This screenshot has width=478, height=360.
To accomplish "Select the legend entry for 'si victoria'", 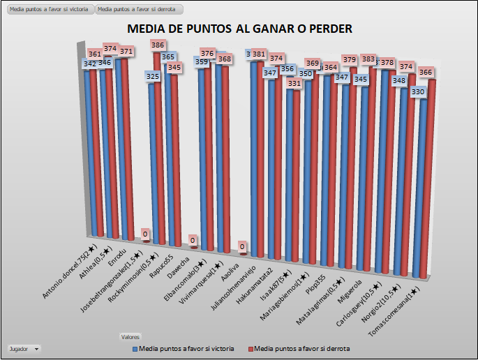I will pyautogui.click(x=183, y=347).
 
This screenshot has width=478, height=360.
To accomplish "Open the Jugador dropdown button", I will pyautogui.click(x=24, y=347).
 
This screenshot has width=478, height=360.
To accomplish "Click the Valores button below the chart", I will pyautogui.click(x=129, y=336).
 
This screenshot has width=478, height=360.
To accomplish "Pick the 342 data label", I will pyautogui.click(x=90, y=63).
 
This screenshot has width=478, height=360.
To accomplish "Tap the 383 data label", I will pyautogui.click(x=368, y=59).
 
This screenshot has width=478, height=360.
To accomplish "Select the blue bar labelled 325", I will pyautogui.click(x=151, y=160).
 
